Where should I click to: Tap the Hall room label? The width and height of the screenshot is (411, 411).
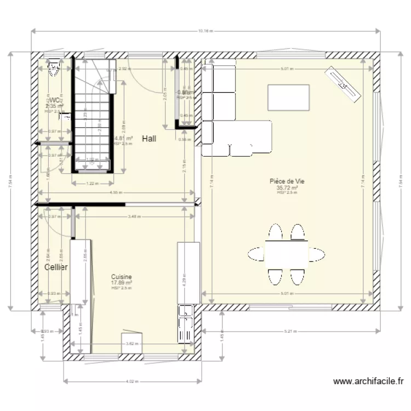[x=149, y=139]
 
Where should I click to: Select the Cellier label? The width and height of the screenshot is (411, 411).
[x=56, y=267]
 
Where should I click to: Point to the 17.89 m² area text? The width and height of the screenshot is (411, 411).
[x=122, y=283]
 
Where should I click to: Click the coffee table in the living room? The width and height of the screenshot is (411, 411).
[x=288, y=97]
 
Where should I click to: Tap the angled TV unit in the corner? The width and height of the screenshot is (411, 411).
[x=345, y=84]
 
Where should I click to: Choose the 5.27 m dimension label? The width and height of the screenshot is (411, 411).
[x=290, y=332]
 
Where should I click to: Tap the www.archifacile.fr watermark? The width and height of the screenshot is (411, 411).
[x=368, y=381]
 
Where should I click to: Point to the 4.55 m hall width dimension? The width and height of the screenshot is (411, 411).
[x=115, y=192]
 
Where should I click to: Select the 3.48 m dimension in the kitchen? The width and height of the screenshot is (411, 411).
[x=134, y=216]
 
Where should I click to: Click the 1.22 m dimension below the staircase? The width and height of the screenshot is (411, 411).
[x=92, y=184]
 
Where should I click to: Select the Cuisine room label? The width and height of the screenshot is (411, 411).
[x=121, y=277]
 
